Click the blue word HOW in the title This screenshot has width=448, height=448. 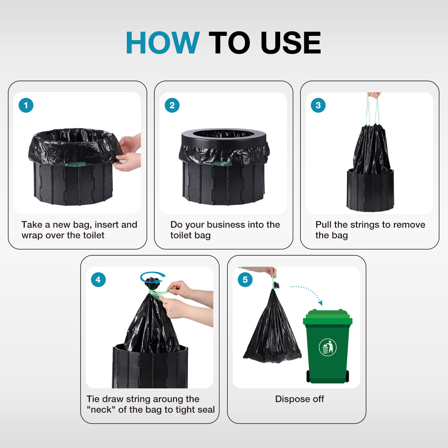(x=162, y=43)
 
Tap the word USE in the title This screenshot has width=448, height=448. (x=291, y=43)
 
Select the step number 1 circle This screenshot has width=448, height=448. (x=26, y=105)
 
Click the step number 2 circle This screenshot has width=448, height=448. (x=172, y=105)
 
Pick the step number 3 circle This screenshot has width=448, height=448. (x=318, y=105)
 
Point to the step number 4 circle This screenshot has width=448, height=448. (x=98, y=279)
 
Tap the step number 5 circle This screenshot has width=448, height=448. (x=245, y=279)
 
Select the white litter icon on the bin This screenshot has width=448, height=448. (x=327, y=347)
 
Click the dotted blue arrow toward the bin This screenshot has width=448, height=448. (x=308, y=292)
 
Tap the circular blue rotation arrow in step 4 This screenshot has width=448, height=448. (x=153, y=277)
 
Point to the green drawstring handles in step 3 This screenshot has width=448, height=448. (x=372, y=110)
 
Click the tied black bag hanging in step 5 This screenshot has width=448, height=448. (x=272, y=331)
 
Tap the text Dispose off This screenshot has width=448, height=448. (x=299, y=399)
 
